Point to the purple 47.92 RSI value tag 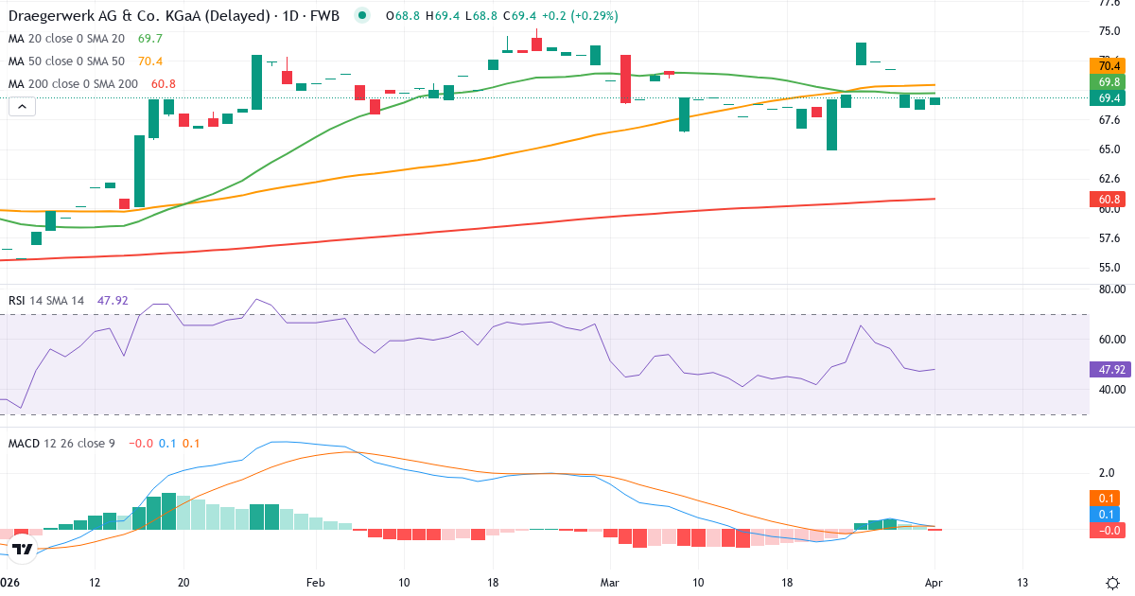click(x=1108, y=370)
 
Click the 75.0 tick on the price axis click(x=1110, y=31)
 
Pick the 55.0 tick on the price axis click(x=1110, y=267)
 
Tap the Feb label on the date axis click(x=316, y=582)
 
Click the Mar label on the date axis click(x=609, y=582)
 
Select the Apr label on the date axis click(x=934, y=582)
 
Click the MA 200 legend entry click(x=74, y=83)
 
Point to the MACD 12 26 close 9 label click(x=61, y=443)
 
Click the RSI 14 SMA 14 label click(x=46, y=300)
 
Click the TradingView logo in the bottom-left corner click(x=24, y=549)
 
